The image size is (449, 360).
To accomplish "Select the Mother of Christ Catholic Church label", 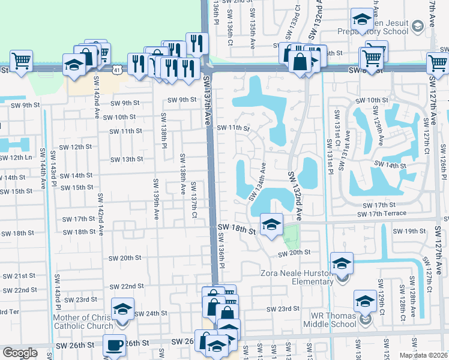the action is coord(83,322).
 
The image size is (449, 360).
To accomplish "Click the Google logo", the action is coord(20,353).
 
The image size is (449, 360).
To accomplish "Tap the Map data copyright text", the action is coord(424,355).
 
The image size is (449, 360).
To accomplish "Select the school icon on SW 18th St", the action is coord(271,226).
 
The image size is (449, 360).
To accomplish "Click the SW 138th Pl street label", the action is coord(163,128).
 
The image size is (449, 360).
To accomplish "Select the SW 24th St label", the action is coord(151,313).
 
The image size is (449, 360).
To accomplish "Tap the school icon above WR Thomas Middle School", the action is coord(365,301).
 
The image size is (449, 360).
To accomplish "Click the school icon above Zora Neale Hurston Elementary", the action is coord(342,263).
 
